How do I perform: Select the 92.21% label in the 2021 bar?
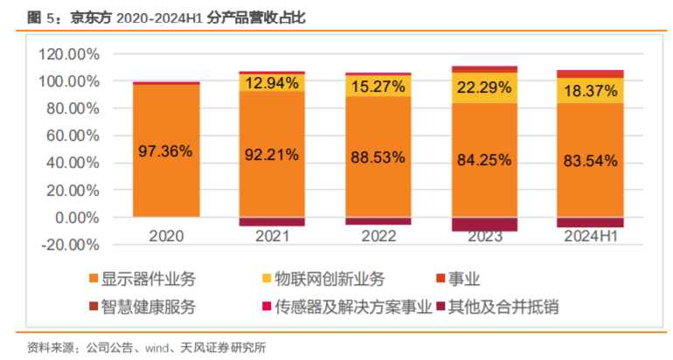pos(272,154)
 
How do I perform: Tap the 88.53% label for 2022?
pos(378,156)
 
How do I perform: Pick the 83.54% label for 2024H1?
pos(591,160)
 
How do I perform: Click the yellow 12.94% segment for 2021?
pos(272,84)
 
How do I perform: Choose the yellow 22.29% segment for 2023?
pos(484,87)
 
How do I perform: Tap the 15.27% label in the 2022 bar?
pos(378,87)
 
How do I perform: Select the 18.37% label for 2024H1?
pos(591,90)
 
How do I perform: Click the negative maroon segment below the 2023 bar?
pos(484,224)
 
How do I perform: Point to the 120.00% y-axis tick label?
pos(69,54)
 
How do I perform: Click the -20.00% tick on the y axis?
pos(69,245)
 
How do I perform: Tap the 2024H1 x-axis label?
pos(591,235)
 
